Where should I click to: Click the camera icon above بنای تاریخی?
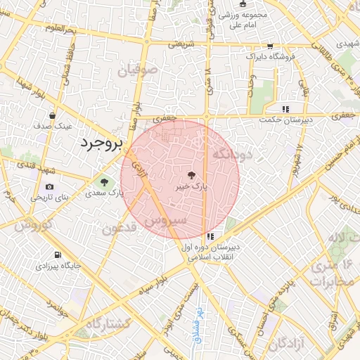coord(49,186)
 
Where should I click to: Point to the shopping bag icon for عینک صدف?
coord(53,115)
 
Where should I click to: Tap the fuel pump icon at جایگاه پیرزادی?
coord(57,255)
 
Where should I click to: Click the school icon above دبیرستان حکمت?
coord(285,109)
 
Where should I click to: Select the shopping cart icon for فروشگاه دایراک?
coord(270,46)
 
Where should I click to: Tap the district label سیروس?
coord(165,221)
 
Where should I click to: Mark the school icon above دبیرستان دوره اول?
coord(210,236)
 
